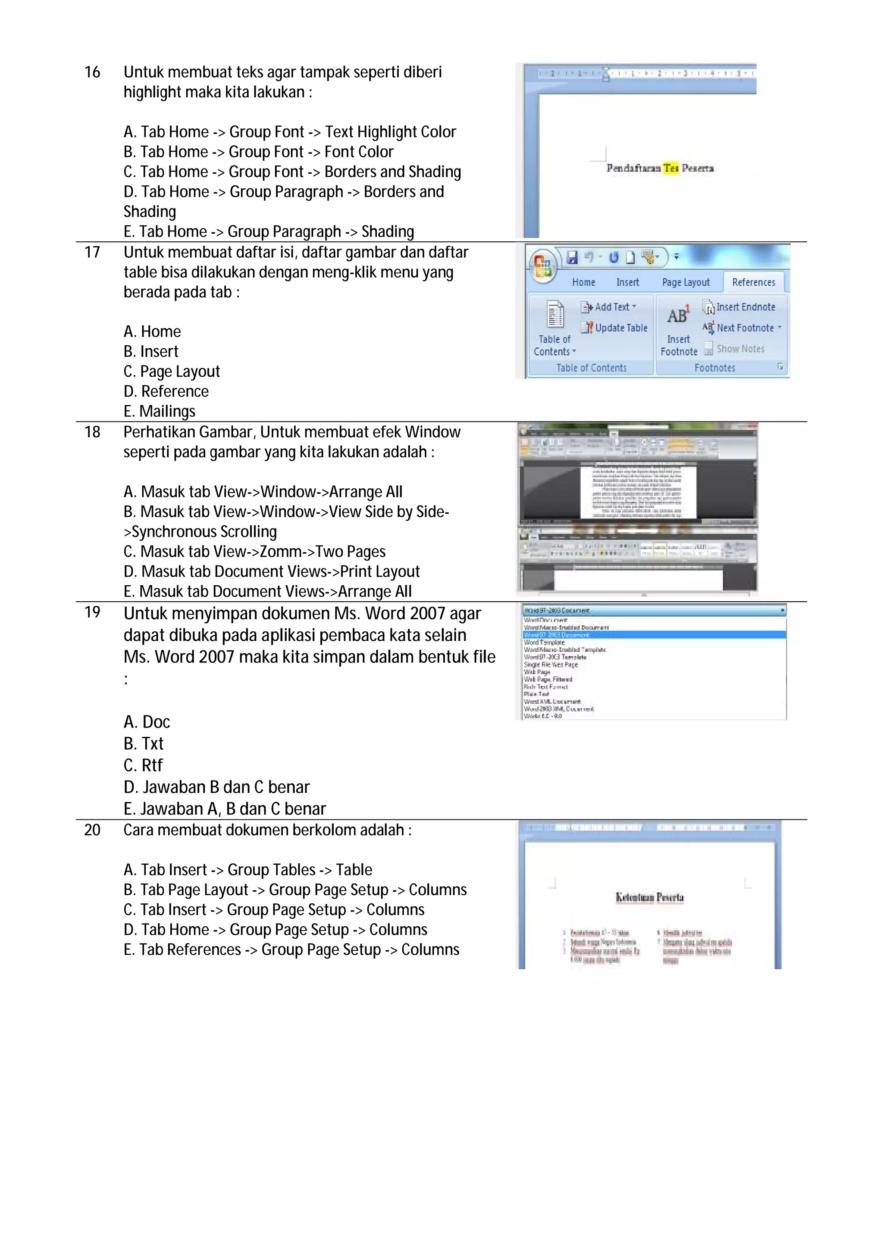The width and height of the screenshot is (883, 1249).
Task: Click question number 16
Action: click(92, 72)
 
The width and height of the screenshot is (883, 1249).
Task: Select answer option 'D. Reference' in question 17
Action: click(166, 391)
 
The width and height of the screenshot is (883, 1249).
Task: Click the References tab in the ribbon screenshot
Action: click(753, 282)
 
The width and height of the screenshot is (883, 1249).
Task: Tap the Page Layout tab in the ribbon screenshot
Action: click(686, 282)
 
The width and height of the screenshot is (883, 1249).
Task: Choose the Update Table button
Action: click(615, 328)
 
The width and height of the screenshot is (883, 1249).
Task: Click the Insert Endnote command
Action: click(739, 307)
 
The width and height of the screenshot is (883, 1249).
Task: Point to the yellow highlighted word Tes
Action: click(671, 168)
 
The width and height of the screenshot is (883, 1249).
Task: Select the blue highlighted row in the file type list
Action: click(653, 635)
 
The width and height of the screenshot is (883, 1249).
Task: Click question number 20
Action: click(92, 830)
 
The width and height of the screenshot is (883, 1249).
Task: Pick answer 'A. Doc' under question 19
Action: click(147, 722)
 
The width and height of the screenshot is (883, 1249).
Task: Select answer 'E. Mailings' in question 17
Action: click(160, 411)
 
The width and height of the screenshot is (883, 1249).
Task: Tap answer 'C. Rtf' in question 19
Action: click(143, 765)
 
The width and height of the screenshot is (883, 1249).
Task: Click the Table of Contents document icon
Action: click(555, 315)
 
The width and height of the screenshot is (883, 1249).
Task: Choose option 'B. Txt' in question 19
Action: click(144, 743)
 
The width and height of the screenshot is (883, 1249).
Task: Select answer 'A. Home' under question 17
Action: click(152, 331)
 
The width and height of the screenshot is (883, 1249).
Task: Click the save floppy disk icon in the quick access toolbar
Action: click(572, 257)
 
